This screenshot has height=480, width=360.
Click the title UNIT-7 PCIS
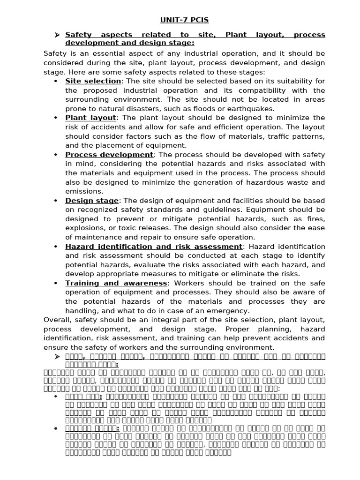[x=180, y=20]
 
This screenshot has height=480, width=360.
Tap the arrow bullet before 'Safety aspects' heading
[x=57, y=35]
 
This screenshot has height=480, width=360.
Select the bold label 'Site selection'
[x=93, y=81]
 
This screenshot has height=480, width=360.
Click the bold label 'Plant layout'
[x=90, y=118]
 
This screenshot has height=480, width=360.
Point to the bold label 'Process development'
[x=109, y=155]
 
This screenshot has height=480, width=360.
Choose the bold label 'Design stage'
[x=92, y=201]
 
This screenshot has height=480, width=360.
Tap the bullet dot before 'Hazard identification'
[x=55, y=247]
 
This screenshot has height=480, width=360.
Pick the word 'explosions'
[x=83, y=228]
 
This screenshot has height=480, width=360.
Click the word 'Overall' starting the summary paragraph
[x=57, y=320]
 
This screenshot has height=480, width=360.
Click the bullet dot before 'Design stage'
[x=55, y=201]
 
